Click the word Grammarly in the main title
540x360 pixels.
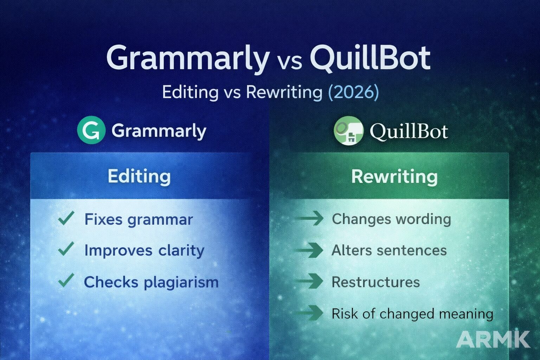click(188, 58)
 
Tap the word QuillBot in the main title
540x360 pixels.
click(370, 58)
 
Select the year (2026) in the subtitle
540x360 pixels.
click(353, 92)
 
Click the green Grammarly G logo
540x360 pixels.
click(91, 130)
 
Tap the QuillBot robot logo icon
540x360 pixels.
click(348, 131)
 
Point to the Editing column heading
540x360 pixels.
click(139, 176)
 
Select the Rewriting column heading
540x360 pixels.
click(394, 176)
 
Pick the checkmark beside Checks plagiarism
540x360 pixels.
click(66, 281)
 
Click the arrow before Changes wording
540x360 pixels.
click(310, 218)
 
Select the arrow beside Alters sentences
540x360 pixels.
click(310, 250)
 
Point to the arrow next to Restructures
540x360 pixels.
click(310, 281)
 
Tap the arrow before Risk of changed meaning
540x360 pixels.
click(310, 313)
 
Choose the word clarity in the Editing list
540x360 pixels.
click(181, 250)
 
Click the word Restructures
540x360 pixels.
click(375, 282)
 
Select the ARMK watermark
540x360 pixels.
click(493, 339)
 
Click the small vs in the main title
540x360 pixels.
click(289, 62)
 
